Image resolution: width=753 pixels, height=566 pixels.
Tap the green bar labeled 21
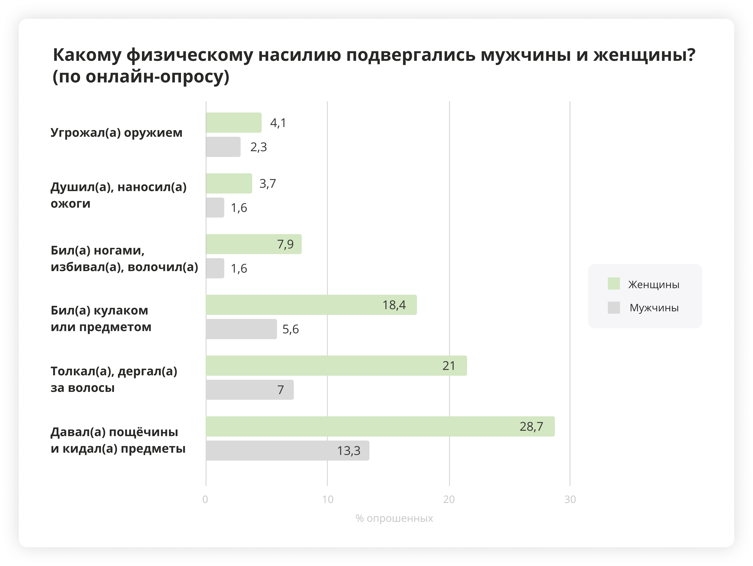pyautogui.click(x=336, y=365)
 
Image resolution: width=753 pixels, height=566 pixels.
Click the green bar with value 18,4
pyautogui.click(x=311, y=305)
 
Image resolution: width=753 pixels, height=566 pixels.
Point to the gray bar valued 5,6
pyautogui.click(x=241, y=329)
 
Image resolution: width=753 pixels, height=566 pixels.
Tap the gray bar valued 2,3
pyautogui.click(x=223, y=147)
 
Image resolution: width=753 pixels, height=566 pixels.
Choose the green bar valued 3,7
pyautogui.click(x=229, y=183)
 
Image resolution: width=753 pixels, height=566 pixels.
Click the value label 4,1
pyautogui.click(x=278, y=123)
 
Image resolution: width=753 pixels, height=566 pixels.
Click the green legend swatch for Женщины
pyautogui.click(x=614, y=284)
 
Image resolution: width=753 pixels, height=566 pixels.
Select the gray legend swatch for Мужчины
pyautogui.click(x=614, y=307)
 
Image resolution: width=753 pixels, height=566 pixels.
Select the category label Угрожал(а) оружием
pyautogui.click(x=116, y=133)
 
